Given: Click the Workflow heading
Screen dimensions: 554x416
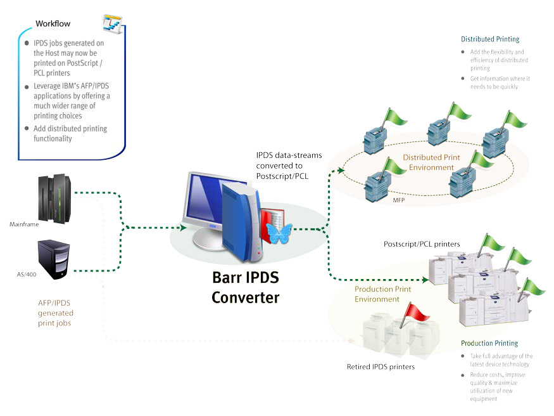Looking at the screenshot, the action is click(x=53, y=23).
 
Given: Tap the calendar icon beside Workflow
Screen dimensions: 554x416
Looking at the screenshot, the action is click(x=113, y=23).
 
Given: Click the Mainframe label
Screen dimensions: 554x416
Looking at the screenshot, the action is click(x=24, y=224).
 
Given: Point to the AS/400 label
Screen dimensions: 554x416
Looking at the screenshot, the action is click(x=27, y=274).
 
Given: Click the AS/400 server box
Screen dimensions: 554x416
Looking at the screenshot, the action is click(x=54, y=259).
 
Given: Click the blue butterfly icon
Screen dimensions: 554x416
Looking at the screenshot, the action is click(x=279, y=234).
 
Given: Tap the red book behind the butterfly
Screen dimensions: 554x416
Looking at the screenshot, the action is click(x=273, y=223).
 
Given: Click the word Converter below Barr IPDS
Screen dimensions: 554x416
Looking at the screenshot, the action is click(x=246, y=297).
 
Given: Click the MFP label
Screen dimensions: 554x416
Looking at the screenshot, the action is click(x=399, y=200).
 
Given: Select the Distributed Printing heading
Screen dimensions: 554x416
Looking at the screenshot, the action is click(x=490, y=39).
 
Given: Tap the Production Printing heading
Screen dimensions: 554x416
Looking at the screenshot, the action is click(x=489, y=343).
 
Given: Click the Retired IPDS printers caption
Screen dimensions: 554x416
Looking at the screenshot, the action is click(x=381, y=367).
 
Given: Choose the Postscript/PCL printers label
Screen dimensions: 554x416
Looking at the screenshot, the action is click(x=422, y=244).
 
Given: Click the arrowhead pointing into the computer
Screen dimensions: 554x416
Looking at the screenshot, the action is click(x=184, y=228).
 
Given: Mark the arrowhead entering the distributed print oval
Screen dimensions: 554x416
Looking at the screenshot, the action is click(x=341, y=170).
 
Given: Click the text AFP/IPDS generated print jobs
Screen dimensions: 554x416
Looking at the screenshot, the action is click(x=56, y=313).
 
